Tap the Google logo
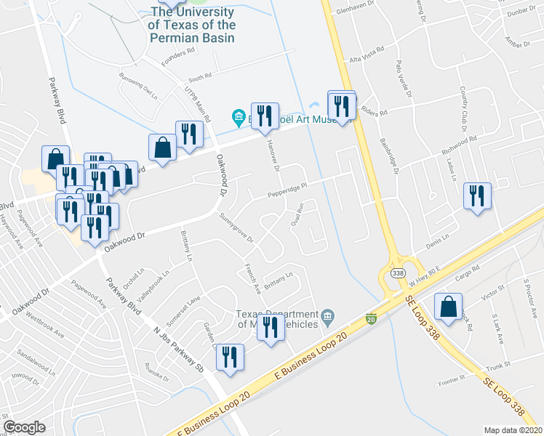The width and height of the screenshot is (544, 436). coord(24,427)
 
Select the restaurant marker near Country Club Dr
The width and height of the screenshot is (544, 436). coord(478,196)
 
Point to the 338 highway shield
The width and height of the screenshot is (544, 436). coord(397,272)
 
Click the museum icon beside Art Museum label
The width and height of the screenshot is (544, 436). coord(238,116)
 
